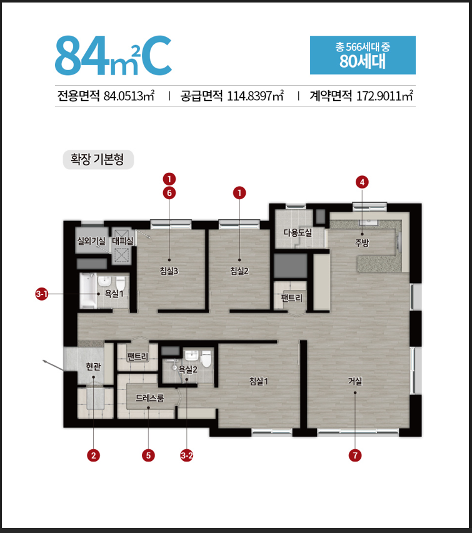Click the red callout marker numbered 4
point(362,182)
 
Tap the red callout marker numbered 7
point(355,455)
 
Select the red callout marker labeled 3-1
point(42,294)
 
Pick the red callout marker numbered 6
point(169,193)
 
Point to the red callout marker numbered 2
point(93,455)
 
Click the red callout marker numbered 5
point(148,455)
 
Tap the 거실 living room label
point(355,381)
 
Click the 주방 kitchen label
point(362,243)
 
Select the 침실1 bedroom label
point(259,381)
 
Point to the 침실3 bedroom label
point(169,271)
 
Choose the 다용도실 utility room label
point(298,232)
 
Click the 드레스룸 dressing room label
point(149,397)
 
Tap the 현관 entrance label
point(93,366)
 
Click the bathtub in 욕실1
point(88,291)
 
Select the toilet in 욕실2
point(206,360)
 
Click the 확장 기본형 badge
point(98,160)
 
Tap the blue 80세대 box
point(363,55)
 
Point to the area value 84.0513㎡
point(129,96)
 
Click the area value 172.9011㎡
point(384,96)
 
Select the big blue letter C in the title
point(156,55)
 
